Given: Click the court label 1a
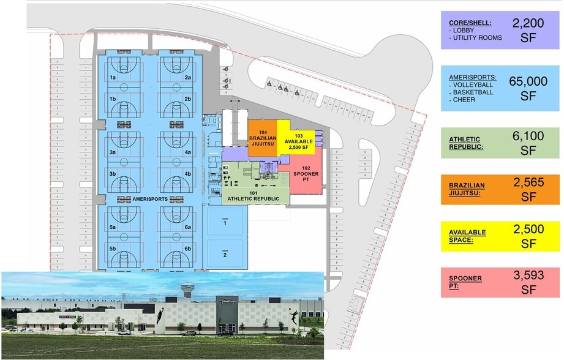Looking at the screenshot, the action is pos(113,78).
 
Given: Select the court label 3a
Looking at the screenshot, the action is pos(113,152).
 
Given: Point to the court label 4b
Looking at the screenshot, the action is pos(188,174).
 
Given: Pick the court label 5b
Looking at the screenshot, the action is pos(113,249).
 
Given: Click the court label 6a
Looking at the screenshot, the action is pos(188,228).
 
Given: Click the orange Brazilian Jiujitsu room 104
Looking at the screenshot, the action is pos(263,140).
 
